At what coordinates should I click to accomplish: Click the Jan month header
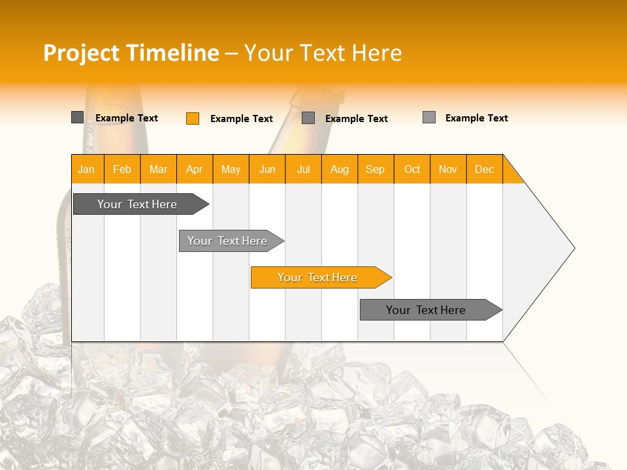[x=87, y=169]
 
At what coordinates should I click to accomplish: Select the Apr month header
[x=195, y=169]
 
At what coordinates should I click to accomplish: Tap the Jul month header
[x=303, y=169]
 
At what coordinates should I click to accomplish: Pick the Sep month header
[x=376, y=169]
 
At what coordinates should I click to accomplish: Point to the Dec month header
[x=484, y=169]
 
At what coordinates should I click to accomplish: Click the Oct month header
[x=412, y=169]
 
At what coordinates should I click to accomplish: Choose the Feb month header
[x=122, y=169]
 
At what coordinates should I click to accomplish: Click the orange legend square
[x=193, y=118]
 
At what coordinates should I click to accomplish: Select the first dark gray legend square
[x=77, y=117]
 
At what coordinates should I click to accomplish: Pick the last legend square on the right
[x=429, y=117]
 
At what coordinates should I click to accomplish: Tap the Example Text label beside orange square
[x=242, y=119]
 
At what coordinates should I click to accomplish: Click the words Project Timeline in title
[x=131, y=53]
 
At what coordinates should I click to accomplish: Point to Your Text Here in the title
[x=323, y=53]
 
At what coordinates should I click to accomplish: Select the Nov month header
[x=448, y=169]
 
